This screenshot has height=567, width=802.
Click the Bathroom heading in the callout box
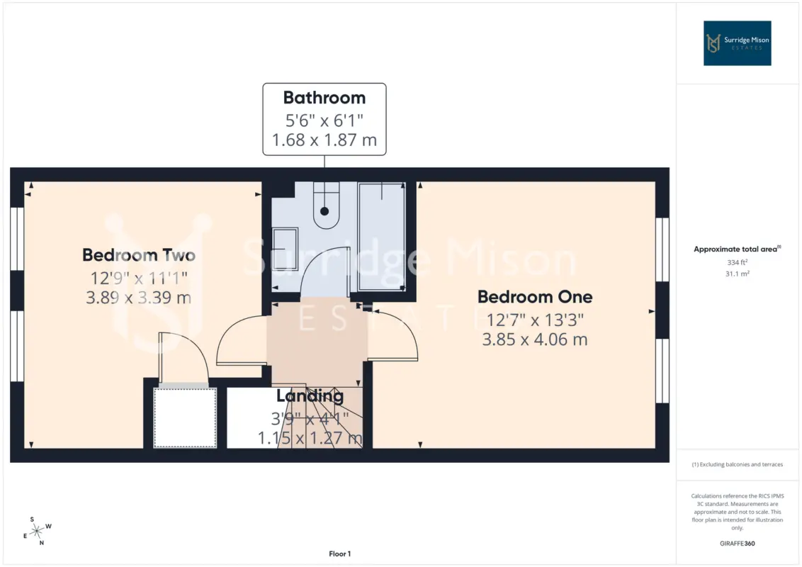[324, 97]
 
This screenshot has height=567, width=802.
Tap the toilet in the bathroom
[326, 206]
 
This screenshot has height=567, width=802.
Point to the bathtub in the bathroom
[382, 237]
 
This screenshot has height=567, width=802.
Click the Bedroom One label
[535, 297]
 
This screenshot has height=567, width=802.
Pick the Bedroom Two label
[139, 255]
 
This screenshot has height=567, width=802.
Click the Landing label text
[310, 395]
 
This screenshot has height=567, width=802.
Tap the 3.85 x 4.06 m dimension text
[535, 339]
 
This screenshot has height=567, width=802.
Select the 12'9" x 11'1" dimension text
[139, 278]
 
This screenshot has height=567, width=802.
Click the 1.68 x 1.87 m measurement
[324, 140]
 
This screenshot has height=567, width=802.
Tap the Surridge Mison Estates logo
[737, 43]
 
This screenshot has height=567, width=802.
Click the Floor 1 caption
[339, 554]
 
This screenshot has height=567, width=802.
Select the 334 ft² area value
[737, 262]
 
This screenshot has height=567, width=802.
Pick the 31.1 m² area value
[737, 274]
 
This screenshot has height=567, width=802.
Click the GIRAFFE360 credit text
[737, 544]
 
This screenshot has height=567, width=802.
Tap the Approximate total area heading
[737, 249]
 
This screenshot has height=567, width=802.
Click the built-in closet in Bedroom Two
[185, 417]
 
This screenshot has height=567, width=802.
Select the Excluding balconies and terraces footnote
[737, 465]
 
